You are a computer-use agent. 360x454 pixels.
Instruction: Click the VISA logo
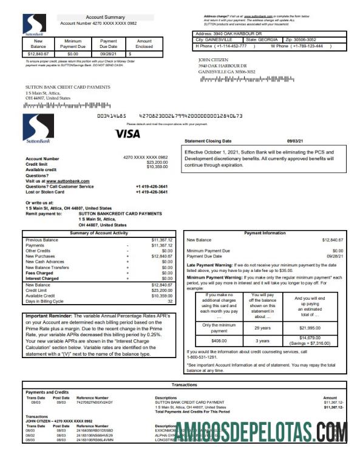tap(127, 133)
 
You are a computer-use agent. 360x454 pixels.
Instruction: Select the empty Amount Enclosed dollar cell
tap(144, 53)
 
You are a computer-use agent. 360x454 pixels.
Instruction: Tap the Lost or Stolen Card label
tap(44, 192)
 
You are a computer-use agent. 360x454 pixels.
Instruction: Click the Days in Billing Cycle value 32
tap(170, 301)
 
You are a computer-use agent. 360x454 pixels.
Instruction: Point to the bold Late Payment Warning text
tap(212, 264)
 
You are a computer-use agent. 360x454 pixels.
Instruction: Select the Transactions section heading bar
tap(183, 384)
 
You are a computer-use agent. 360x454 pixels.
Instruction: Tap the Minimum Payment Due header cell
tap(72, 44)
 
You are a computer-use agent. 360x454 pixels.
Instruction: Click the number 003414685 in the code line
tap(112, 115)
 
